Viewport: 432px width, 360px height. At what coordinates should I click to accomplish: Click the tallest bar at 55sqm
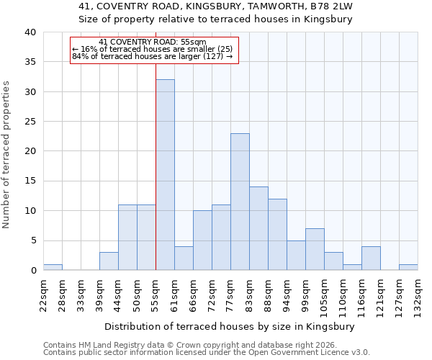click(165, 175)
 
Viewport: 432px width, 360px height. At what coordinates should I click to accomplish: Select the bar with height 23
click(240, 202)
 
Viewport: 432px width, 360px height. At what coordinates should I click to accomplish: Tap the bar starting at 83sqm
click(258, 228)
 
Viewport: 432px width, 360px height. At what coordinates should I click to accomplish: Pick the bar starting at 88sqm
click(277, 234)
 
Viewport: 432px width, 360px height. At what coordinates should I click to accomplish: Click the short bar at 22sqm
click(53, 267)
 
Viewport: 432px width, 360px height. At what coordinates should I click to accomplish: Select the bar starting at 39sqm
click(109, 261)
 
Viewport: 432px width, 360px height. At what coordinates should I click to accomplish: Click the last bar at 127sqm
click(408, 267)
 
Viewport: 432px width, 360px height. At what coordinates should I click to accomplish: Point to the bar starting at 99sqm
click(315, 249)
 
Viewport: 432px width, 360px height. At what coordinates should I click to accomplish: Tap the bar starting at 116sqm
click(371, 258)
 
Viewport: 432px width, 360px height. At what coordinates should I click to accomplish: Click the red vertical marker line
click(156, 166)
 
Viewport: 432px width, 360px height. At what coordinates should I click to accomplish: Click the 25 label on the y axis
click(30, 122)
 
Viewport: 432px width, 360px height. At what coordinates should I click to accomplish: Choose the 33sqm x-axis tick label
click(81, 294)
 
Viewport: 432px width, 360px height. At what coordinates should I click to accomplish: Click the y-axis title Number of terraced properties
click(7, 154)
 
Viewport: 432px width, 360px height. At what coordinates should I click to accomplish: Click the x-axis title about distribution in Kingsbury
click(230, 326)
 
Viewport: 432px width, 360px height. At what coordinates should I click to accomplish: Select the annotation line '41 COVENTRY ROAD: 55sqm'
click(153, 42)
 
